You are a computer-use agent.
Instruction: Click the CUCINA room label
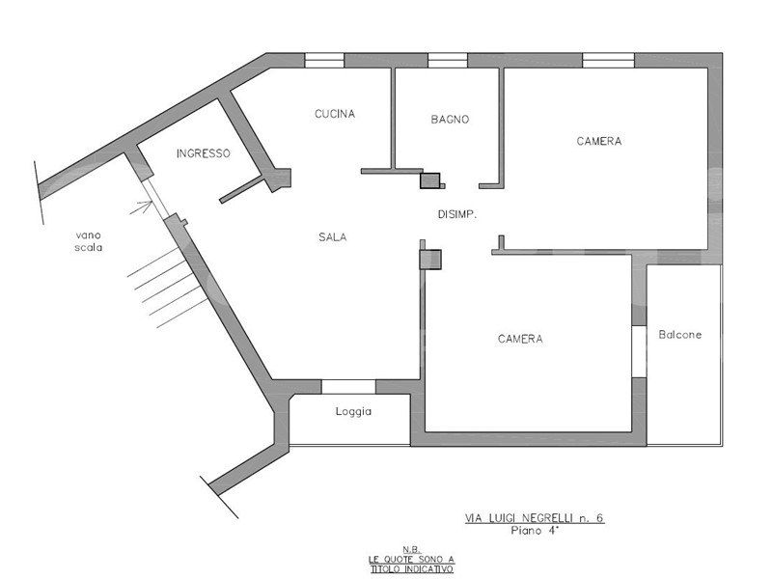pos(335,114)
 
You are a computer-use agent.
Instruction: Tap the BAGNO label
pos(450,119)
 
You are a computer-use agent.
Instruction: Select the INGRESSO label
pos(204,153)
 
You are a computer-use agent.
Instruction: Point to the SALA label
pos(333,237)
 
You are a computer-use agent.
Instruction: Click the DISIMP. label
pos(457,214)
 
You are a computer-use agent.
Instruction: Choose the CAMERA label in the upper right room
pos(599,141)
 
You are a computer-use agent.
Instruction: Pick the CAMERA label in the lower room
pos(520,339)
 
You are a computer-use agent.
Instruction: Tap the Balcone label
pos(680,335)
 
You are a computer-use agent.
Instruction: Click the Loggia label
pos(353,411)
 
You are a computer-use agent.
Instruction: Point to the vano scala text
pos(89,241)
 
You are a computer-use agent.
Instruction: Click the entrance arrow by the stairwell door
pos(141,207)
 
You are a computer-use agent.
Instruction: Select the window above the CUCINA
pos(324,61)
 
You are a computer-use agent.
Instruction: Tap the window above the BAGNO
pos(448,61)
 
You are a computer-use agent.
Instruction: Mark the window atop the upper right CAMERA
pos(609,61)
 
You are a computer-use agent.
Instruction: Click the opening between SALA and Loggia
pos(348,387)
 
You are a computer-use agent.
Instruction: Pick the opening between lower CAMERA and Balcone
pos(639,351)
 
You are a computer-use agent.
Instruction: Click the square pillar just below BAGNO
pos(429,180)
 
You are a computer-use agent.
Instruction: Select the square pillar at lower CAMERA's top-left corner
pos(430,260)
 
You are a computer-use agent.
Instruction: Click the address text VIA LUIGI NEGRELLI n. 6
pos(535,518)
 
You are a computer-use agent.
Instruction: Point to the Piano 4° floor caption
pos(535,531)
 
